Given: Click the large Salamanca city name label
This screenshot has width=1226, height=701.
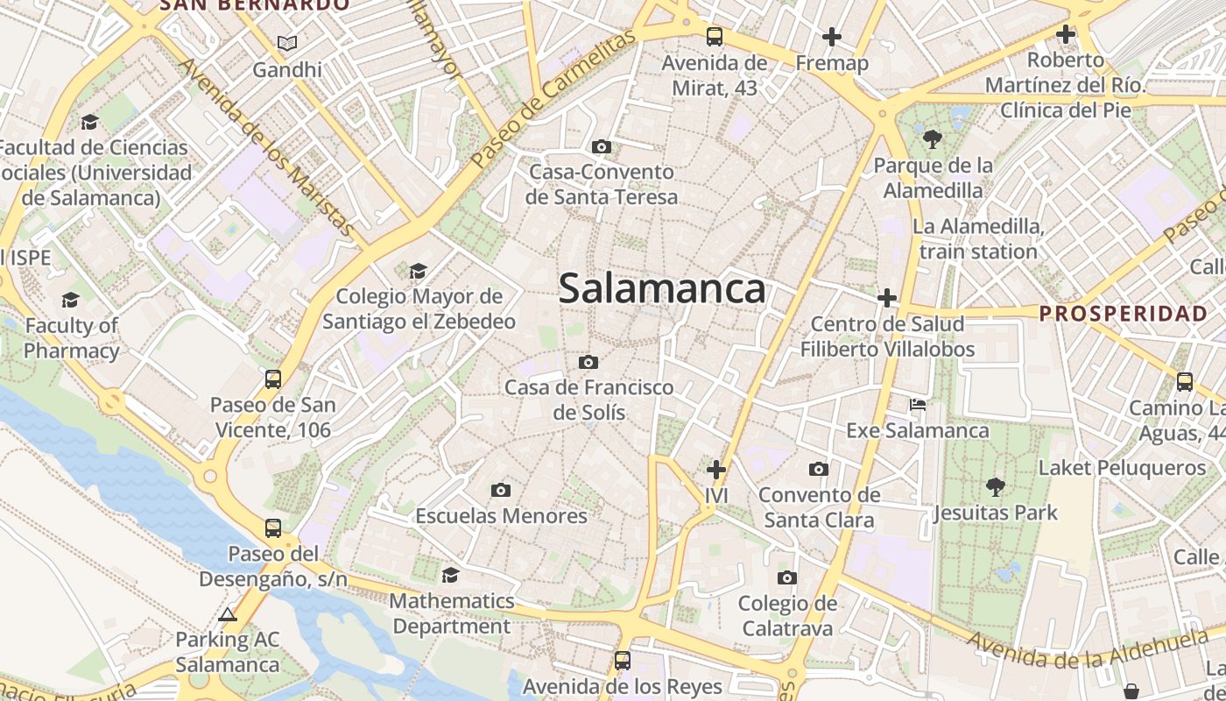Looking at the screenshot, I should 662,288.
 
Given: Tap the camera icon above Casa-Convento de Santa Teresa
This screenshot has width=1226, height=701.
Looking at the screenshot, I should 602,146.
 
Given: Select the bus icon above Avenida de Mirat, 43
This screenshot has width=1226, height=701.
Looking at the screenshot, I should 715,37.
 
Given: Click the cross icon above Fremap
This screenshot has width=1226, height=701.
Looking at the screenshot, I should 832,37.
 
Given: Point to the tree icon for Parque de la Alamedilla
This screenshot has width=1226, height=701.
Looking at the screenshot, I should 933,138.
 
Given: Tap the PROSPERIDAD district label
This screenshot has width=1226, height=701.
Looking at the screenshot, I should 1123,314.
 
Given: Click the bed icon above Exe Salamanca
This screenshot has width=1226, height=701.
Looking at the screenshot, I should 918,405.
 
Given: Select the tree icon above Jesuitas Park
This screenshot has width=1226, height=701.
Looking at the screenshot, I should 995,486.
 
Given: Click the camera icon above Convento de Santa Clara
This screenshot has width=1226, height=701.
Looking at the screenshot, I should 819,470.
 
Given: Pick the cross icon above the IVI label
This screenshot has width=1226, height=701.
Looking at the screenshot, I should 716,470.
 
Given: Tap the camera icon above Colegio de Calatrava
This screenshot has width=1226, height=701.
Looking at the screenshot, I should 787,577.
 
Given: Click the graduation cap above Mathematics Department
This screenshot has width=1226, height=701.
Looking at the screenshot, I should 451,575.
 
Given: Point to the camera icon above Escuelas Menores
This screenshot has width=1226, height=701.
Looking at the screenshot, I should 501,490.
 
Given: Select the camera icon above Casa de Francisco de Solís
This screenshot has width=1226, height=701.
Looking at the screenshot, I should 588,362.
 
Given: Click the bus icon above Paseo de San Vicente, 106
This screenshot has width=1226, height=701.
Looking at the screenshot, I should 273,379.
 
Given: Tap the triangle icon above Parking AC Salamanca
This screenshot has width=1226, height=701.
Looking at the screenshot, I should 228,614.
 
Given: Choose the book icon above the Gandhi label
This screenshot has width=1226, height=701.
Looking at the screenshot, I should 287,42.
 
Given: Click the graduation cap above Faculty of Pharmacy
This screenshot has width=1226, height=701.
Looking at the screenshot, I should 70,301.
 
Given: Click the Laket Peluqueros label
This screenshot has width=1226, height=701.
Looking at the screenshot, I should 1122,468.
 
